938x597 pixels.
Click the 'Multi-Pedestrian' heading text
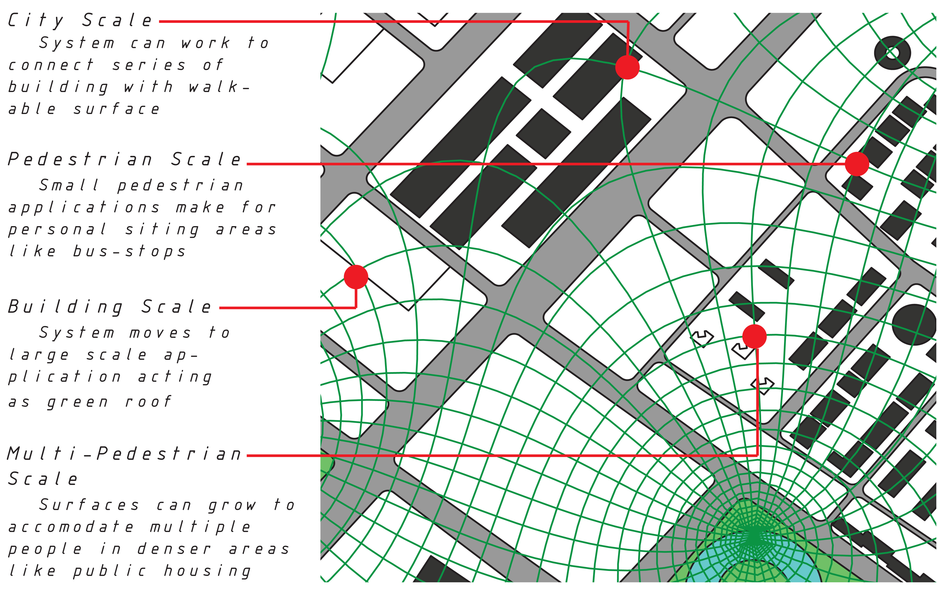pos(125,454)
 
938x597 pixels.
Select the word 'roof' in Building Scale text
pos(148,401)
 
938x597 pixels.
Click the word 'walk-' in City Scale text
pos(219,87)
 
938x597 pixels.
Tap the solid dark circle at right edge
pos(915,324)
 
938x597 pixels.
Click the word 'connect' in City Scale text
pos(51,65)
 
